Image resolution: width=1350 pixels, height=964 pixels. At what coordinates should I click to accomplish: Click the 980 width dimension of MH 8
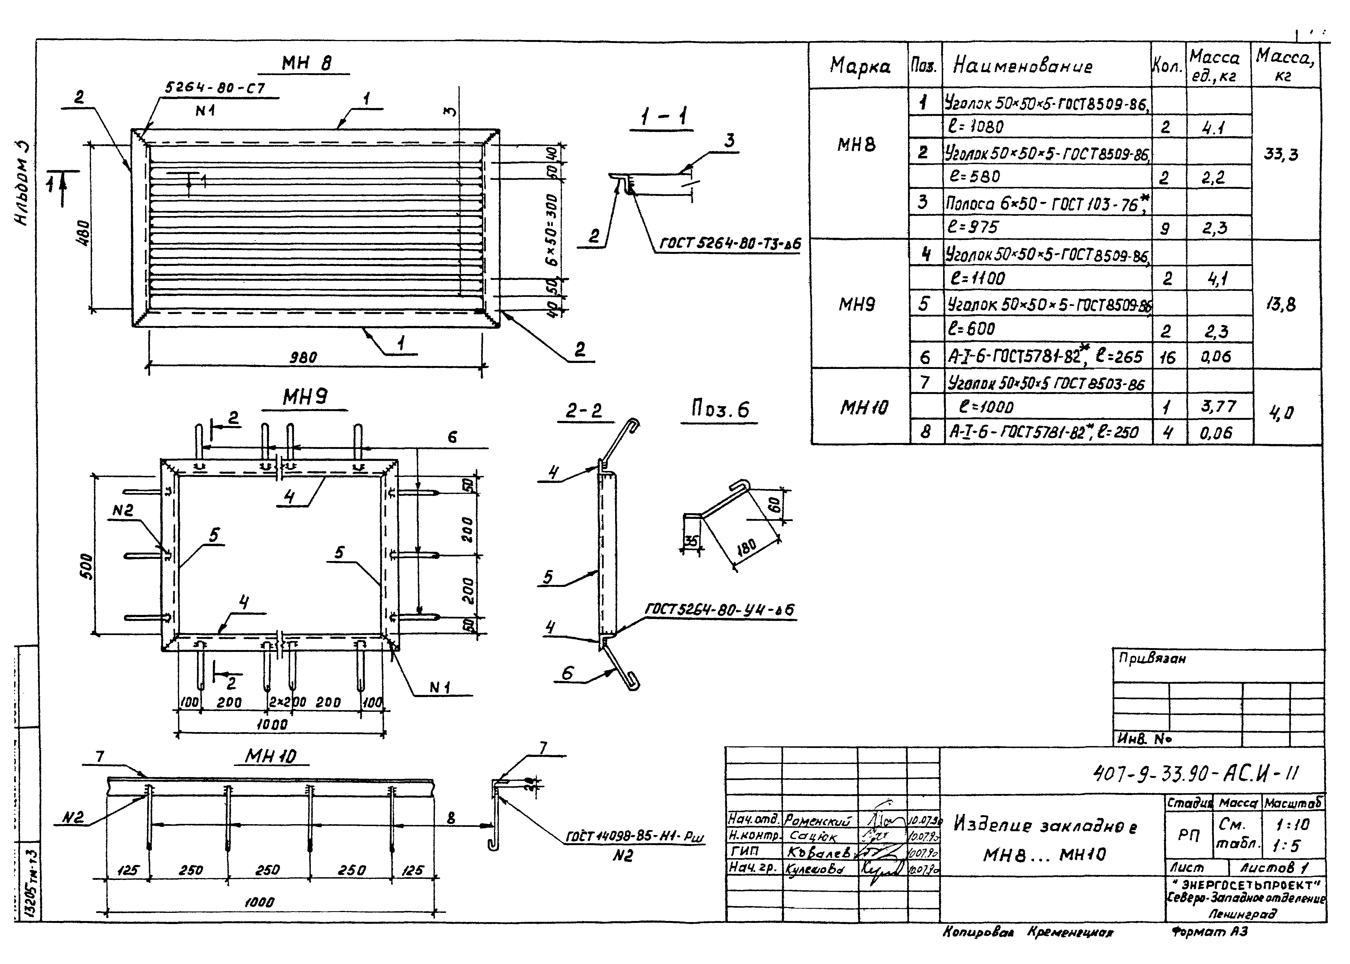(x=303, y=357)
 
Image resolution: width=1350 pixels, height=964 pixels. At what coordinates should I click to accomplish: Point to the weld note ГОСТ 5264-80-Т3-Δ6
(x=730, y=244)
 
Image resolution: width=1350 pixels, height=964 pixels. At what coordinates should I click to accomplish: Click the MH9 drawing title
(x=305, y=397)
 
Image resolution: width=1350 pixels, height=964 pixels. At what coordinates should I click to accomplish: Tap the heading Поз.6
(x=720, y=409)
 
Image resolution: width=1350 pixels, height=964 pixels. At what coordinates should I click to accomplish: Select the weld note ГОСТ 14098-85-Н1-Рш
(x=635, y=837)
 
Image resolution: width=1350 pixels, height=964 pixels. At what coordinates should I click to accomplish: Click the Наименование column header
(x=1022, y=66)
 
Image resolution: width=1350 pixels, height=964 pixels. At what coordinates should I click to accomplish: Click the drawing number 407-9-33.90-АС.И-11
(x=1195, y=773)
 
